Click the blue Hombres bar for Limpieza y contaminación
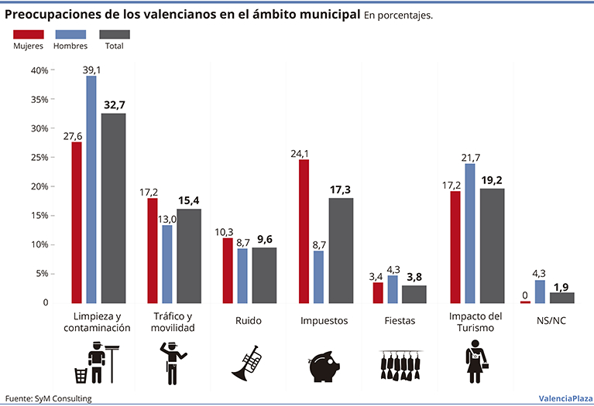(x=91, y=189)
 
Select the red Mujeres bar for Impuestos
(x=304, y=231)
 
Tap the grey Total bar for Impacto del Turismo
(x=493, y=246)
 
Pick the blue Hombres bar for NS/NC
(x=540, y=292)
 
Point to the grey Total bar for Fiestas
(x=414, y=295)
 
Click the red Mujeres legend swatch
(x=28, y=34)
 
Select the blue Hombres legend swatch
(x=70, y=34)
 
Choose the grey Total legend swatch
(x=115, y=34)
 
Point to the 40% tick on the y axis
(x=39, y=70)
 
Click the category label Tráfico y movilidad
(x=173, y=322)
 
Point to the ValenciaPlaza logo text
(x=563, y=398)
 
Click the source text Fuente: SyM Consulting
(x=48, y=398)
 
